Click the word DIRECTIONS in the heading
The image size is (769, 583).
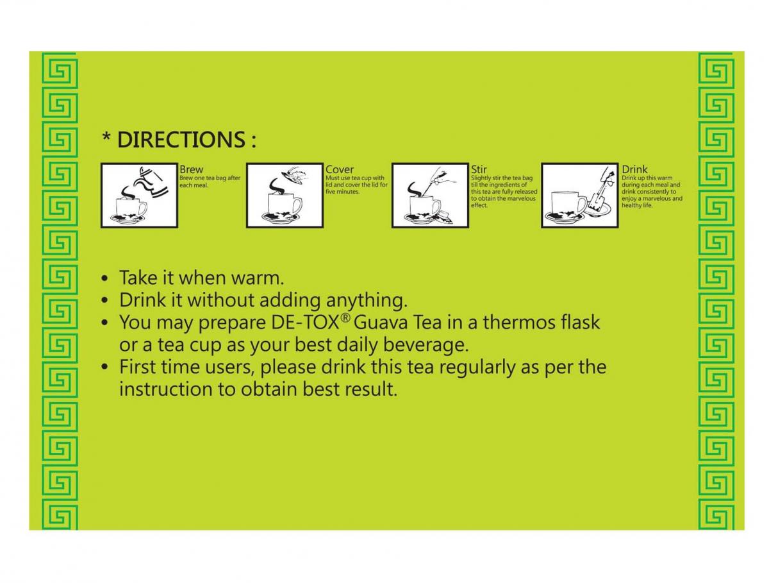click(181, 139)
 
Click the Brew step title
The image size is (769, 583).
click(191, 170)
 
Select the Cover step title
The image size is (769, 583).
click(339, 170)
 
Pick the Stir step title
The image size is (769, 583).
click(478, 170)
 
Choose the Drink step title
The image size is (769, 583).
click(634, 170)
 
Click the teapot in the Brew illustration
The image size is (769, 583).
click(151, 183)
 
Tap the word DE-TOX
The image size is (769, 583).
click(304, 322)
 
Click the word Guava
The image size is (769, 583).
click(381, 323)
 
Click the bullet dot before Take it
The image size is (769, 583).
click(104, 279)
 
